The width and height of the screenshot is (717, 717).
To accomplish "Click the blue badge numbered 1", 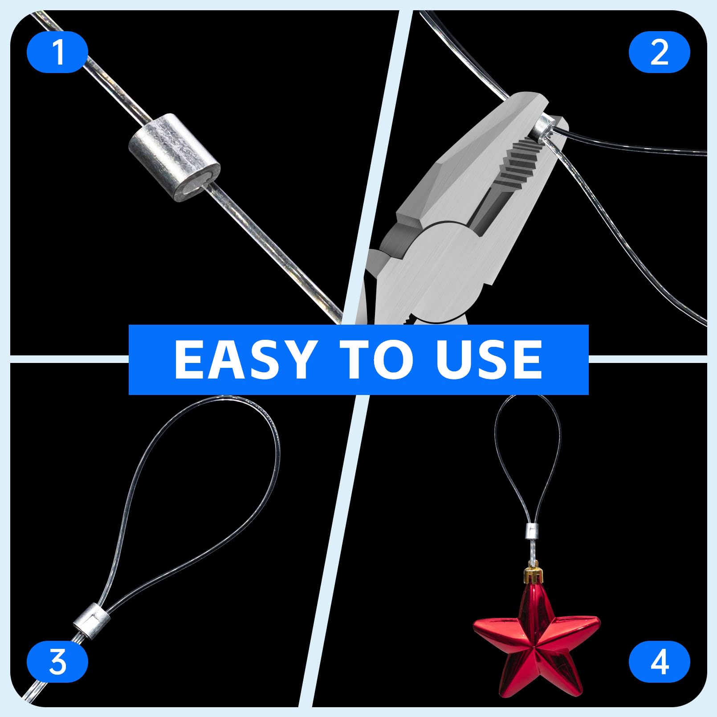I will (57, 52).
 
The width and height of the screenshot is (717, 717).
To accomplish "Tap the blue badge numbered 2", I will (659, 52).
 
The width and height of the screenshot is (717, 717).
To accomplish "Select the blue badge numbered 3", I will (57, 662).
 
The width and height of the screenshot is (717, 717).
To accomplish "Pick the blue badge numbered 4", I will (659, 662).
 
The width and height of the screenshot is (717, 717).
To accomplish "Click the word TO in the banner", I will (379, 359).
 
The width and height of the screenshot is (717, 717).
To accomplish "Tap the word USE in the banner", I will (489, 359).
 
